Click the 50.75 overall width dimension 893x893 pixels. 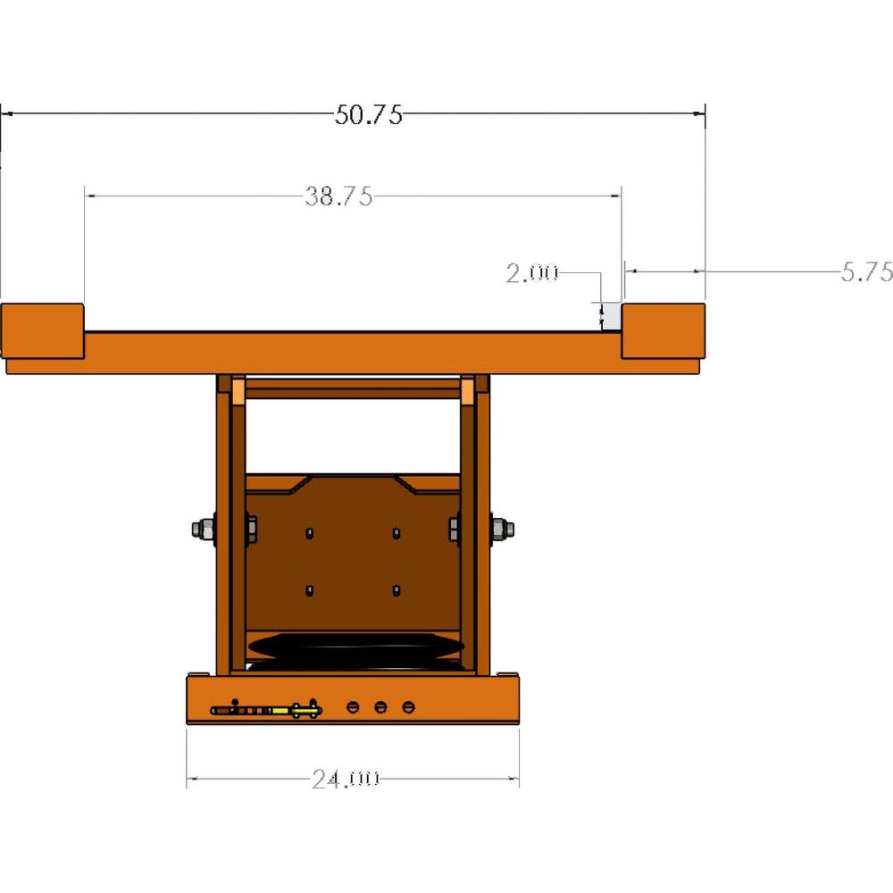(369, 114)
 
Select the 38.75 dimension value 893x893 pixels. (338, 196)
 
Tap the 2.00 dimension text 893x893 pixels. (531, 272)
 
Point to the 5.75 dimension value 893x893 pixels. (866, 272)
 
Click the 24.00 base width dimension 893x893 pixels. (346, 779)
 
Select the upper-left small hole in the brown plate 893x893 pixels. (309, 532)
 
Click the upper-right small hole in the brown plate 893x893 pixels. (396, 532)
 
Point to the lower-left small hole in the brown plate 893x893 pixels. (309, 590)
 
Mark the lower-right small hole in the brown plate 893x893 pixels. (396, 590)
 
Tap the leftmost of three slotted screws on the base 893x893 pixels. (352, 707)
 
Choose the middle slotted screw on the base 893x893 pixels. (380, 707)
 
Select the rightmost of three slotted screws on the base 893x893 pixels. (409, 707)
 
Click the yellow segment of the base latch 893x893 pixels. (280, 711)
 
